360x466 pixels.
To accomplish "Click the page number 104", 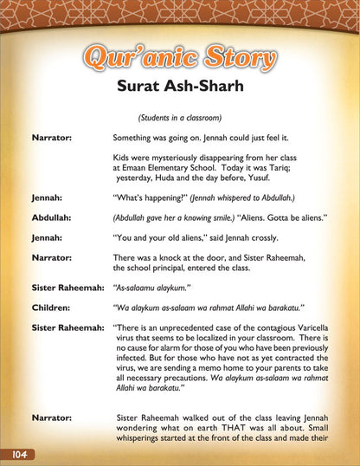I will [16, 455].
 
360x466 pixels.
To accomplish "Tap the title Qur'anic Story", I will [180, 59].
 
